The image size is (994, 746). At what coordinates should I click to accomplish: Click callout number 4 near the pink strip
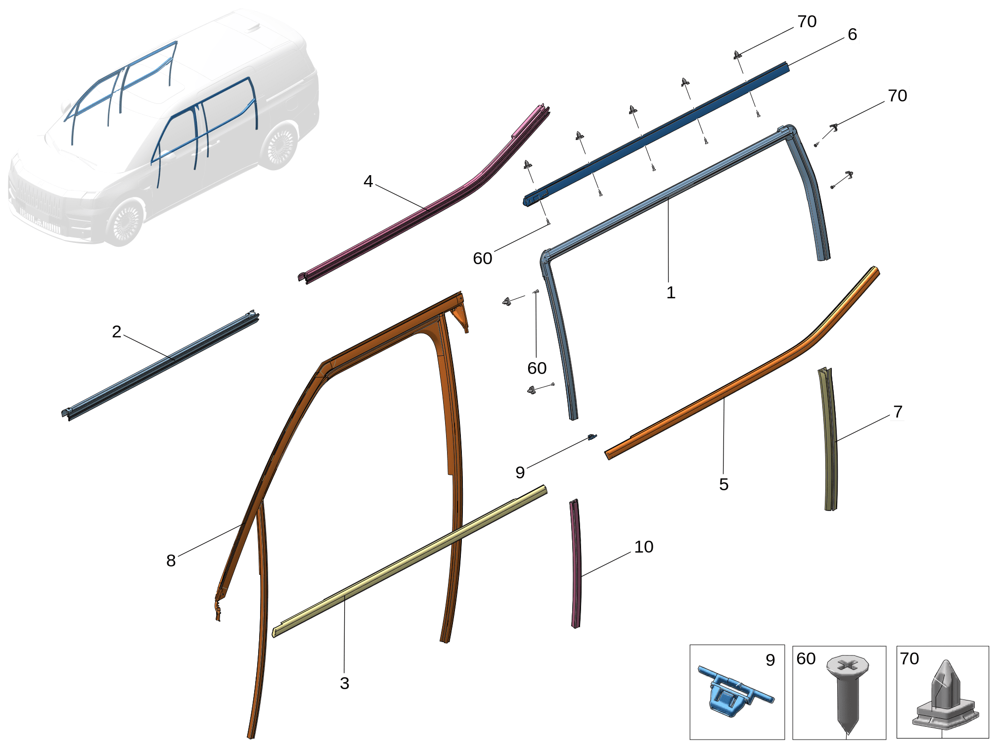tap(368, 182)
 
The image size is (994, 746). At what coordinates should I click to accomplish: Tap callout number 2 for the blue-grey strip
tap(117, 331)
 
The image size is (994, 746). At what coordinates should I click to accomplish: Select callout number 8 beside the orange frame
tap(171, 560)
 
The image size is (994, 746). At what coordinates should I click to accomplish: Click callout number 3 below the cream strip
tap(345, 683)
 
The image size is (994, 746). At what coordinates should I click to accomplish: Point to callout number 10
tap(644, 547)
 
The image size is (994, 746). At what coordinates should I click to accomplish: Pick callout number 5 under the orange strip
tap(723, 484)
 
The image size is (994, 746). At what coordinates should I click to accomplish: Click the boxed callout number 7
tap(898, 411)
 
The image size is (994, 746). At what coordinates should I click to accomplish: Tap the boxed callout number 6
tap(852, 34)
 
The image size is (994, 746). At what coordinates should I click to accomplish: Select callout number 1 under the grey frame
tap(671, 292)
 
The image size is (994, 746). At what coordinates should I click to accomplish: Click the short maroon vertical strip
tap(576, 564)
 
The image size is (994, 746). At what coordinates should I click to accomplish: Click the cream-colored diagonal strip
tap(410, 561)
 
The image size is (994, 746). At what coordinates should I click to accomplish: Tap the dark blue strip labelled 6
tap(658, 134)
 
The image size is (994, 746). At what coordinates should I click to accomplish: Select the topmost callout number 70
tap(807, 21)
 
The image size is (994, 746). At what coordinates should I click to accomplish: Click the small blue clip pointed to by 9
tap(592, 437)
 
